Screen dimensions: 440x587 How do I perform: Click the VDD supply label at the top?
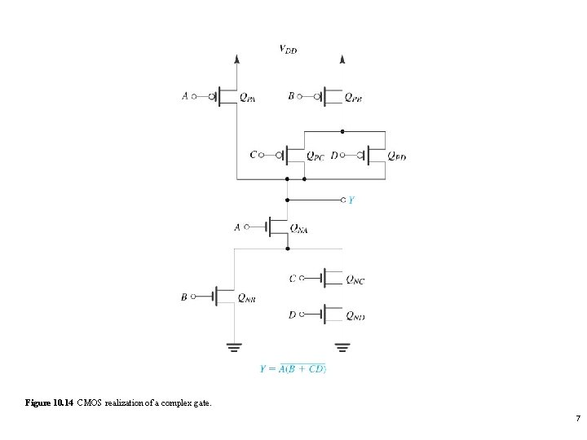[288, 50]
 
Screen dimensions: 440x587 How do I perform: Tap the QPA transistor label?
[248, 98]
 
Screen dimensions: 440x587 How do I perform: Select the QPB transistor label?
[353, 98]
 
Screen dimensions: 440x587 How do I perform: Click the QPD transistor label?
[396, 156]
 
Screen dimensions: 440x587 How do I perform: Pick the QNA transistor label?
[299, 230]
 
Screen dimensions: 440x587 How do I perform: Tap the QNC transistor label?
[355, 280]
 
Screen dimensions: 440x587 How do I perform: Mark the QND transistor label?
[355, 316]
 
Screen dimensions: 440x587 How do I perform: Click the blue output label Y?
[351, 200]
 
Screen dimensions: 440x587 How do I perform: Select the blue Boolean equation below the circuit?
[293, 369]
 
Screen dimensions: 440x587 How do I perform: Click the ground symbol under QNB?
[234, 349]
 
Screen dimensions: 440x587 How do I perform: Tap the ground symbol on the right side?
[342, 349]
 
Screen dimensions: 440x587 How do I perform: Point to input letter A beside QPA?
[185, 96]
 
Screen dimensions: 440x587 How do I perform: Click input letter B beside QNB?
[184, 297]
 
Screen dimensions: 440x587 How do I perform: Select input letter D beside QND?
[293, 315]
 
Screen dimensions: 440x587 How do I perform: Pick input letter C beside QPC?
[254, 154]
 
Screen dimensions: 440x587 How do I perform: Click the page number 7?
[577, 419]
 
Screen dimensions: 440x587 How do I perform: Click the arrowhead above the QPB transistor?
[342, 59]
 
